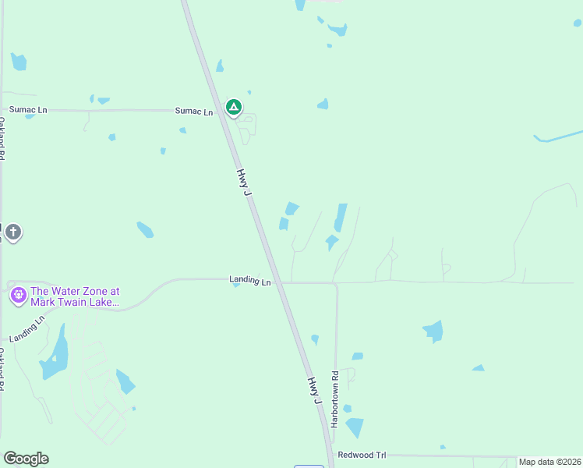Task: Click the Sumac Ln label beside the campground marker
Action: point(193,112)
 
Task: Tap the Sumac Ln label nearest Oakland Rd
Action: point(28,110)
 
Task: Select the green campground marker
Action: point(233,107)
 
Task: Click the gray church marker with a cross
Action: point(12,232)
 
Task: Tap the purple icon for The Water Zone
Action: point(18,296)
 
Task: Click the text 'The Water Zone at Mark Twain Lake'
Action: point(75,296)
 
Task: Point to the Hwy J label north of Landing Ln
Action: point(245,182)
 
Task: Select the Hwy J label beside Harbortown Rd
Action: point(315,390)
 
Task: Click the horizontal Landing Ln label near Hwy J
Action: point(249,280)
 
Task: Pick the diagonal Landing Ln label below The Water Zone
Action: point(28,328)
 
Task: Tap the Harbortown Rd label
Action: point(334,398)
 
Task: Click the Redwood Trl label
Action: point(362,454)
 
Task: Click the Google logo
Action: point(26,459)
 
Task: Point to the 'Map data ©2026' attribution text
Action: point(549,462)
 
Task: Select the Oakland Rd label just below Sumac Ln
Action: point(2,139)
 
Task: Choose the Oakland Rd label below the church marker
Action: point(2,370)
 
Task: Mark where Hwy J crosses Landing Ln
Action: point(276,282)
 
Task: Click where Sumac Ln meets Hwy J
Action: point(222,111)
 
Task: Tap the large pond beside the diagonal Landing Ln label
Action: point(54,355)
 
